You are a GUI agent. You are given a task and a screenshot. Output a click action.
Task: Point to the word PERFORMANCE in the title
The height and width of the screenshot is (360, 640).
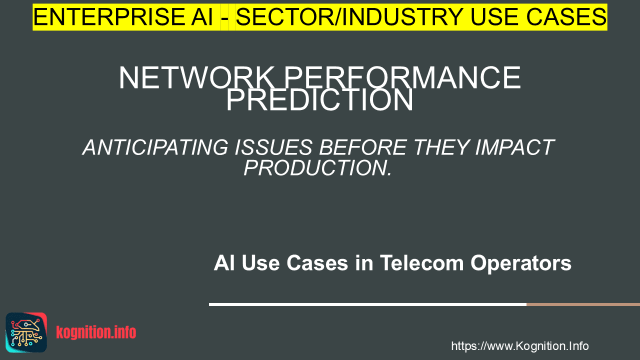(402, 77)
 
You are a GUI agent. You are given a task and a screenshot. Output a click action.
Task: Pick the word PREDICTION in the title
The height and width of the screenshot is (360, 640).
(319, 99)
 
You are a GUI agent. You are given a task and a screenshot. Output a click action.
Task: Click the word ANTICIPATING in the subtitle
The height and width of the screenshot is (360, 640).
(155, 147)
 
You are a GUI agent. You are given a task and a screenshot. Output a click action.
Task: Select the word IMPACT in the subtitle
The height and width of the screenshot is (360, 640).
(514, 147)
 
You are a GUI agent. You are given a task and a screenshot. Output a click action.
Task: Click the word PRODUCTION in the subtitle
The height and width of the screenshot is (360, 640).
(315, 168)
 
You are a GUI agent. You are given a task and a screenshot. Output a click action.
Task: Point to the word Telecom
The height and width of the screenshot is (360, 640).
(421, 263)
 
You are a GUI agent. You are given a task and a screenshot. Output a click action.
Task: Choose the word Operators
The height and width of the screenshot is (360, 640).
(521, 263)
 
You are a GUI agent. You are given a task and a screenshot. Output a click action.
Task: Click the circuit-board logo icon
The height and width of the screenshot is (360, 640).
(26, 332)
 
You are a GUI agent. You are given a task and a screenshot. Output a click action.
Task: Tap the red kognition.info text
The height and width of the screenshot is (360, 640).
(96, 332)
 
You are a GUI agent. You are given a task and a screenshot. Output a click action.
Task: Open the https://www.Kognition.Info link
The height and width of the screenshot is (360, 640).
(519, 346)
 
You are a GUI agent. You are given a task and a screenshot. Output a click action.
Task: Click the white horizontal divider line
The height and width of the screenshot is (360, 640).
(367, 304)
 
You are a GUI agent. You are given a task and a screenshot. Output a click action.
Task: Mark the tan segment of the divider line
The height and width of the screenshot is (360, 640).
(583, 304)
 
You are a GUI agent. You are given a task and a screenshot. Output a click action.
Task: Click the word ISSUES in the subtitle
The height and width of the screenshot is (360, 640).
(273, 147)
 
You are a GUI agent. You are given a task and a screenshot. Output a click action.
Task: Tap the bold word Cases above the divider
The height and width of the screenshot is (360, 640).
(317, 263)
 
